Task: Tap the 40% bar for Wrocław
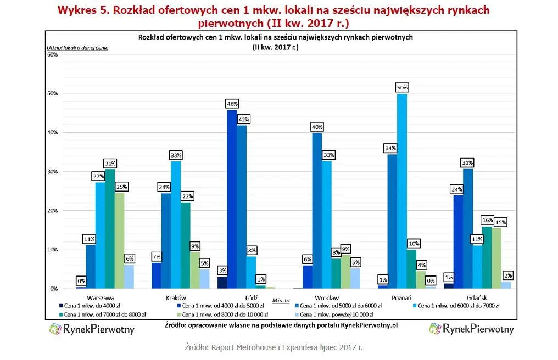click(317, 211)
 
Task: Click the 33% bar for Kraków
click(176, 224)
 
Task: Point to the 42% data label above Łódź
click(242, 119)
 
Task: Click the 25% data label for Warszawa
click(120, 187)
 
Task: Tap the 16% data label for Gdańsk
click(487, 220)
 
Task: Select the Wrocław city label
click(327, 297)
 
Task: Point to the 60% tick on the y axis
click(53, 55)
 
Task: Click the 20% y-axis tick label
click(53, 211)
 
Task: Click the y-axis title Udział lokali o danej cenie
click(77, 48)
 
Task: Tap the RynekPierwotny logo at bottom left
click(92, 330)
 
